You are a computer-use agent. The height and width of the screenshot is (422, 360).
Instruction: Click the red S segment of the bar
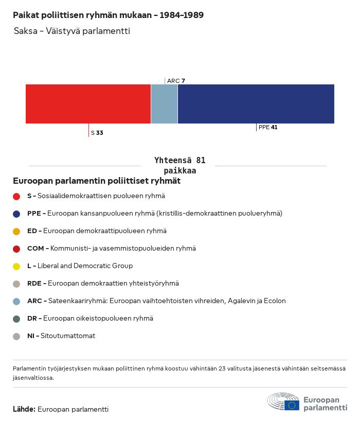[x=88, y=104]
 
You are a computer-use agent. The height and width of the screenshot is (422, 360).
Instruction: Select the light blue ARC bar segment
[x=164, y=104]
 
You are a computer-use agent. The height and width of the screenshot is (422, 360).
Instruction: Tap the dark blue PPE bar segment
[x=256, y=104]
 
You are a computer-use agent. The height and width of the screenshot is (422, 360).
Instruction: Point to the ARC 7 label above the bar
[x=176, y=81]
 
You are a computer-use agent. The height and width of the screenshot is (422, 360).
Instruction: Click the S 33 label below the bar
[x=97, y=133]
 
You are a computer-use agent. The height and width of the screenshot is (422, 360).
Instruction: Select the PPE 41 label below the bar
[x=268, y=127]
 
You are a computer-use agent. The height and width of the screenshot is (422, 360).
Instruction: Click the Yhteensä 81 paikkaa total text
[x=180, y=165]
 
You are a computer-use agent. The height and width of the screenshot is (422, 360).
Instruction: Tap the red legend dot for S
[x=16, y=196]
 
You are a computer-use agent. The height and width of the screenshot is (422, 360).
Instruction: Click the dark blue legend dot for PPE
[x=16, y=214]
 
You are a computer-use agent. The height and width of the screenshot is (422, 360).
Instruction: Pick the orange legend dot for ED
[x=16, y=231]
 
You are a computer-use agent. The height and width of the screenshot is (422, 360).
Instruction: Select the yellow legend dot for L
[x=16, y=266]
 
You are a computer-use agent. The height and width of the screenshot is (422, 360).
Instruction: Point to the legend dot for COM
[x=16, y=249]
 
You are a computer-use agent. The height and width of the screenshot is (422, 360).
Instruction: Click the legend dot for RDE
[x=16, y=284]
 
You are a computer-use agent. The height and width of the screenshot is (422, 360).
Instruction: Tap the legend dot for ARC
[x=16, y=301]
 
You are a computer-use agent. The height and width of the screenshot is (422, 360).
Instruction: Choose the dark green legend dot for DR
[x=16, y=319]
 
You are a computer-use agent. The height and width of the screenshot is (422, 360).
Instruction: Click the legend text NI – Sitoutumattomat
[x=61, y=336]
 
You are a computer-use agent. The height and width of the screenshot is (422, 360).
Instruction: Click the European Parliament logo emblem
[x=283, y=401]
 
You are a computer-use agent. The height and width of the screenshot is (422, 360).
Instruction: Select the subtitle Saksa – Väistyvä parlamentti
[x=72, y=31]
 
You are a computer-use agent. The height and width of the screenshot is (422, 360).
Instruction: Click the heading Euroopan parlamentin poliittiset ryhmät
[x=97, y=181]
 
